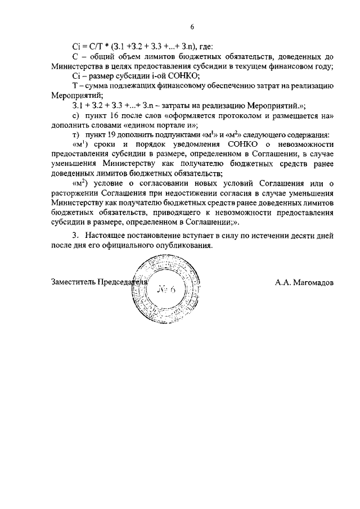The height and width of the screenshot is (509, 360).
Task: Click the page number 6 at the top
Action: point(192,26)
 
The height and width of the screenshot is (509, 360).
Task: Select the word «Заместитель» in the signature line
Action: point(73,282)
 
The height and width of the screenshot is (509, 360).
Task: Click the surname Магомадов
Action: point(309,282)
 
